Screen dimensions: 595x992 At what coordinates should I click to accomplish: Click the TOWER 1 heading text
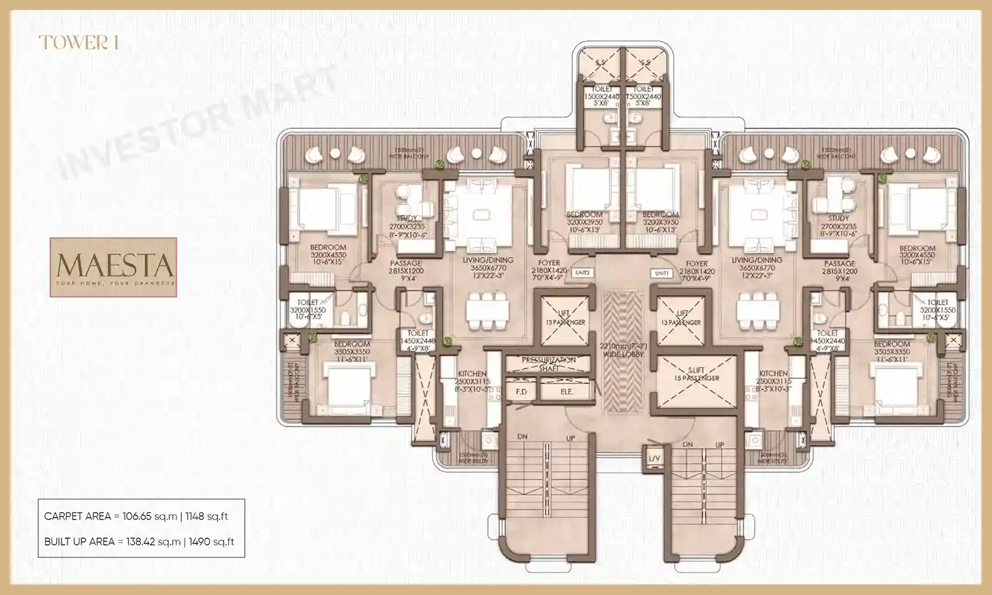(79, 43)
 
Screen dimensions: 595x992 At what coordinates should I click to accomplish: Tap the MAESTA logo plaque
(113, 267)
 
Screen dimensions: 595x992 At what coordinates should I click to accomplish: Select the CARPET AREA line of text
(136, 516)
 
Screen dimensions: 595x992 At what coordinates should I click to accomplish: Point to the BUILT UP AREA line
(139, 541)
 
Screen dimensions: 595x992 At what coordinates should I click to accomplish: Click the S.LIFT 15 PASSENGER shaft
(696, 382)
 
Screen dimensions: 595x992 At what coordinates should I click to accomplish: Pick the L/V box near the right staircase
(653, 458)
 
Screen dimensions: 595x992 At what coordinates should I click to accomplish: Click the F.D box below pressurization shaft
(521, 391)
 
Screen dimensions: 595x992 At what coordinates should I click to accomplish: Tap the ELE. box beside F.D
(566, 391)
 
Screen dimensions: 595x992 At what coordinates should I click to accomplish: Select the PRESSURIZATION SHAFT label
(548, 364)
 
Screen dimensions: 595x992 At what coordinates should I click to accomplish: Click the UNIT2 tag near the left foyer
(582, 272)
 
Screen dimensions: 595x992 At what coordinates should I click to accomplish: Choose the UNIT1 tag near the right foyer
(661, 273)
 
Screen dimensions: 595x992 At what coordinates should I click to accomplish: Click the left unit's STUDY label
(407, 218)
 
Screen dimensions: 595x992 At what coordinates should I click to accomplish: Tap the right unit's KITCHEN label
(773, 374)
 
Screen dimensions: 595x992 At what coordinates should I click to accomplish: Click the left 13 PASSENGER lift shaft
(565, 321)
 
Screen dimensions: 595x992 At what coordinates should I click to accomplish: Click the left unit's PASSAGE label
(405, 263)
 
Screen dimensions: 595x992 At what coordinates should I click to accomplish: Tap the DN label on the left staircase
(522, 437)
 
